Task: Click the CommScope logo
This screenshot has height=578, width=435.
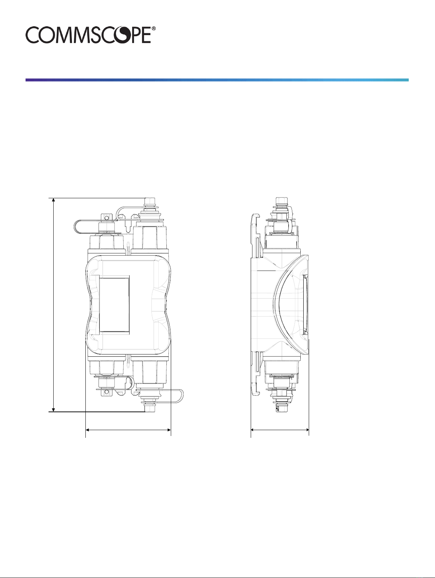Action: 91,35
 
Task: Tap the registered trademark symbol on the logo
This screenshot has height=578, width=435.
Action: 154,28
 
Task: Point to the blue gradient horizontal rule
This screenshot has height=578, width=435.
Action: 217,80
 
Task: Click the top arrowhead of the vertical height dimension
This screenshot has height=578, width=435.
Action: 53,200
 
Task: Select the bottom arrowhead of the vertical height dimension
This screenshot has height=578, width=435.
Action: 53,409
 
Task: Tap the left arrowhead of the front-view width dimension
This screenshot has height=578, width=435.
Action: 88,430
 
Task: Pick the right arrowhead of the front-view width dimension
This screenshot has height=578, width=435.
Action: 169,430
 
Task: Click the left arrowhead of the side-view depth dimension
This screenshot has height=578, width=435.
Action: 253,430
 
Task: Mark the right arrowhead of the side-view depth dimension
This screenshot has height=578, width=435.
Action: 307,430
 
